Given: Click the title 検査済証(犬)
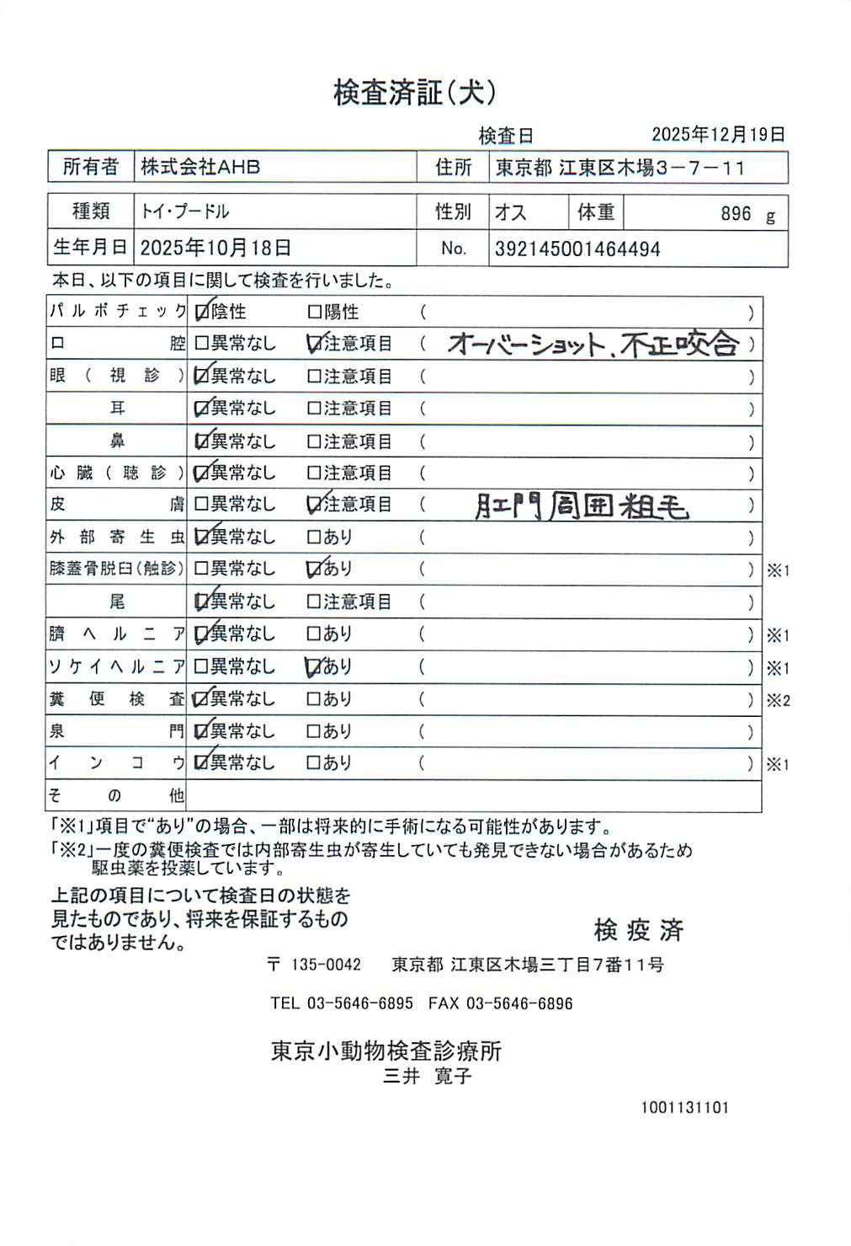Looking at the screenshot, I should [414, 93].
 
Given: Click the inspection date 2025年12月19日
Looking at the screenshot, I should [718, 135].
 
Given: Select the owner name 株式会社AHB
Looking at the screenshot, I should [200, 167].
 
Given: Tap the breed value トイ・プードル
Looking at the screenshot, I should [185, 211].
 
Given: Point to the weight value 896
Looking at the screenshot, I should [735, 214].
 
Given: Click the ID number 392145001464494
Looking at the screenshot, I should [577, 249].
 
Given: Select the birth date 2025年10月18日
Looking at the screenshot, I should [215, 248].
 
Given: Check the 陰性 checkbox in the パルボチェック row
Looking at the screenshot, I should [202, 313].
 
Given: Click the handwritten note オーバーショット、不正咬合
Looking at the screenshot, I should [593, 344].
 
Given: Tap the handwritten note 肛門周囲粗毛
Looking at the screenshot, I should [582, 506].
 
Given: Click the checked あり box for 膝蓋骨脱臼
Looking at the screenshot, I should [315, 570].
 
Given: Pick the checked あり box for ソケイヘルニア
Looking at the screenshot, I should [315, 667].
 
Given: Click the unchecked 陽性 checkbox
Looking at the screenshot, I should [315, 313].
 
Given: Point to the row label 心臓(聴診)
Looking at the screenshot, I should [116, 473].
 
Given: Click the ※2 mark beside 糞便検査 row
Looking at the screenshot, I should [778, 701].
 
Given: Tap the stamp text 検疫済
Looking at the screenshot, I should [638, 930].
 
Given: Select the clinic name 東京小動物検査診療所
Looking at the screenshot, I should [386, 1051].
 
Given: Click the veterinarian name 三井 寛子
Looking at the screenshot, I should [428, 1076].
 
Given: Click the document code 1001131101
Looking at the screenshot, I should [684, 1108].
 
